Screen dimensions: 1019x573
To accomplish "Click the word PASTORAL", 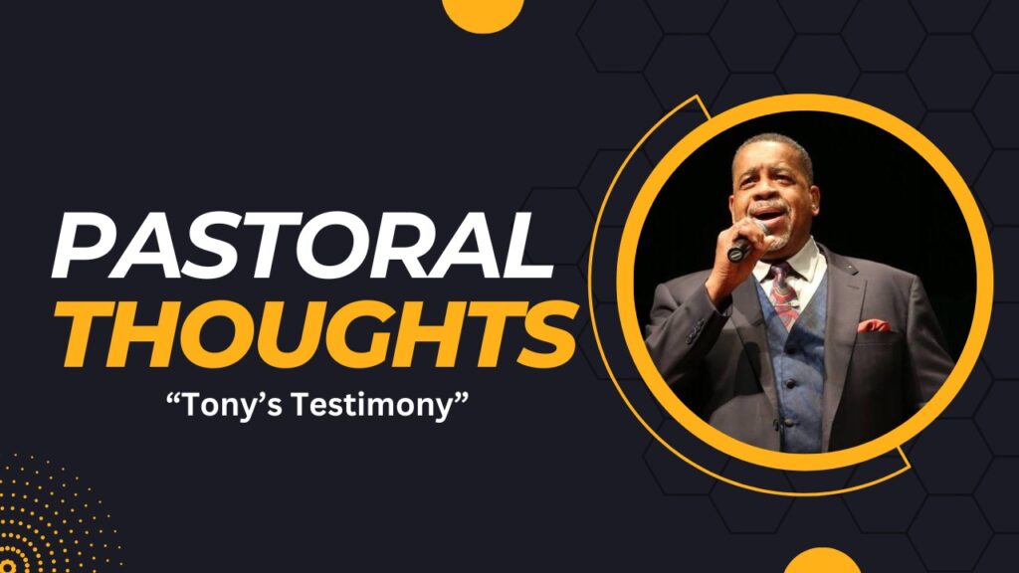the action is click(x=303, y=246).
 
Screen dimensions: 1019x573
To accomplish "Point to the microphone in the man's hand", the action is click(x=745, y=242).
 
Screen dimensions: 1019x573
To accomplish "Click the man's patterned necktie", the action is click(x=784, y=293).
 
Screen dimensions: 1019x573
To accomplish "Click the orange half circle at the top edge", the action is click(x=483, y=13).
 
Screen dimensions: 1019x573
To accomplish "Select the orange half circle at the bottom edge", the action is click(x=822, y=561).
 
